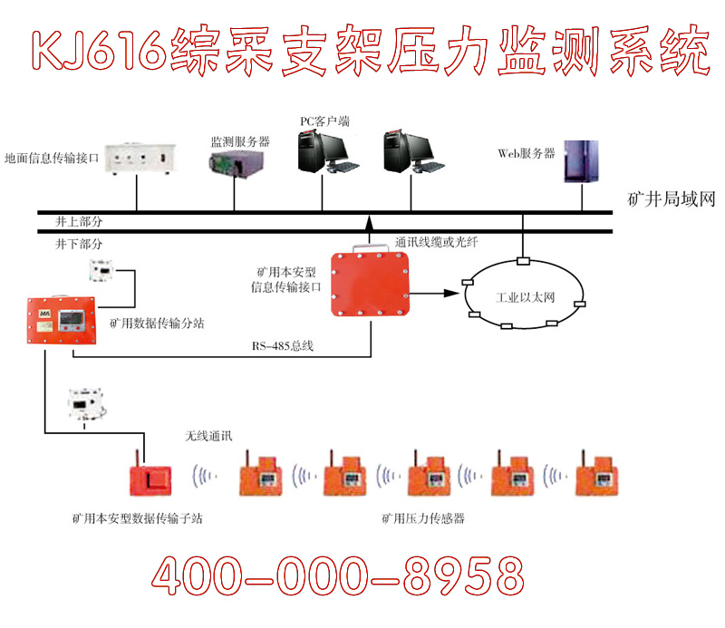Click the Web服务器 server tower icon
[x=575, y=162]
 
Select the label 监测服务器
[x=240, y=141]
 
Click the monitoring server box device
[x=233, y=164]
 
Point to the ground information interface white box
[x=136, y=159]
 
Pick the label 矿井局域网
[x=672, y=199]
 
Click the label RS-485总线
[x=283, y=346]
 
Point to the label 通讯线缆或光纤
[x=437, y=243]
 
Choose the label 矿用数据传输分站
[x=155, y=324]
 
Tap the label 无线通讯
[x=208, y=436]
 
